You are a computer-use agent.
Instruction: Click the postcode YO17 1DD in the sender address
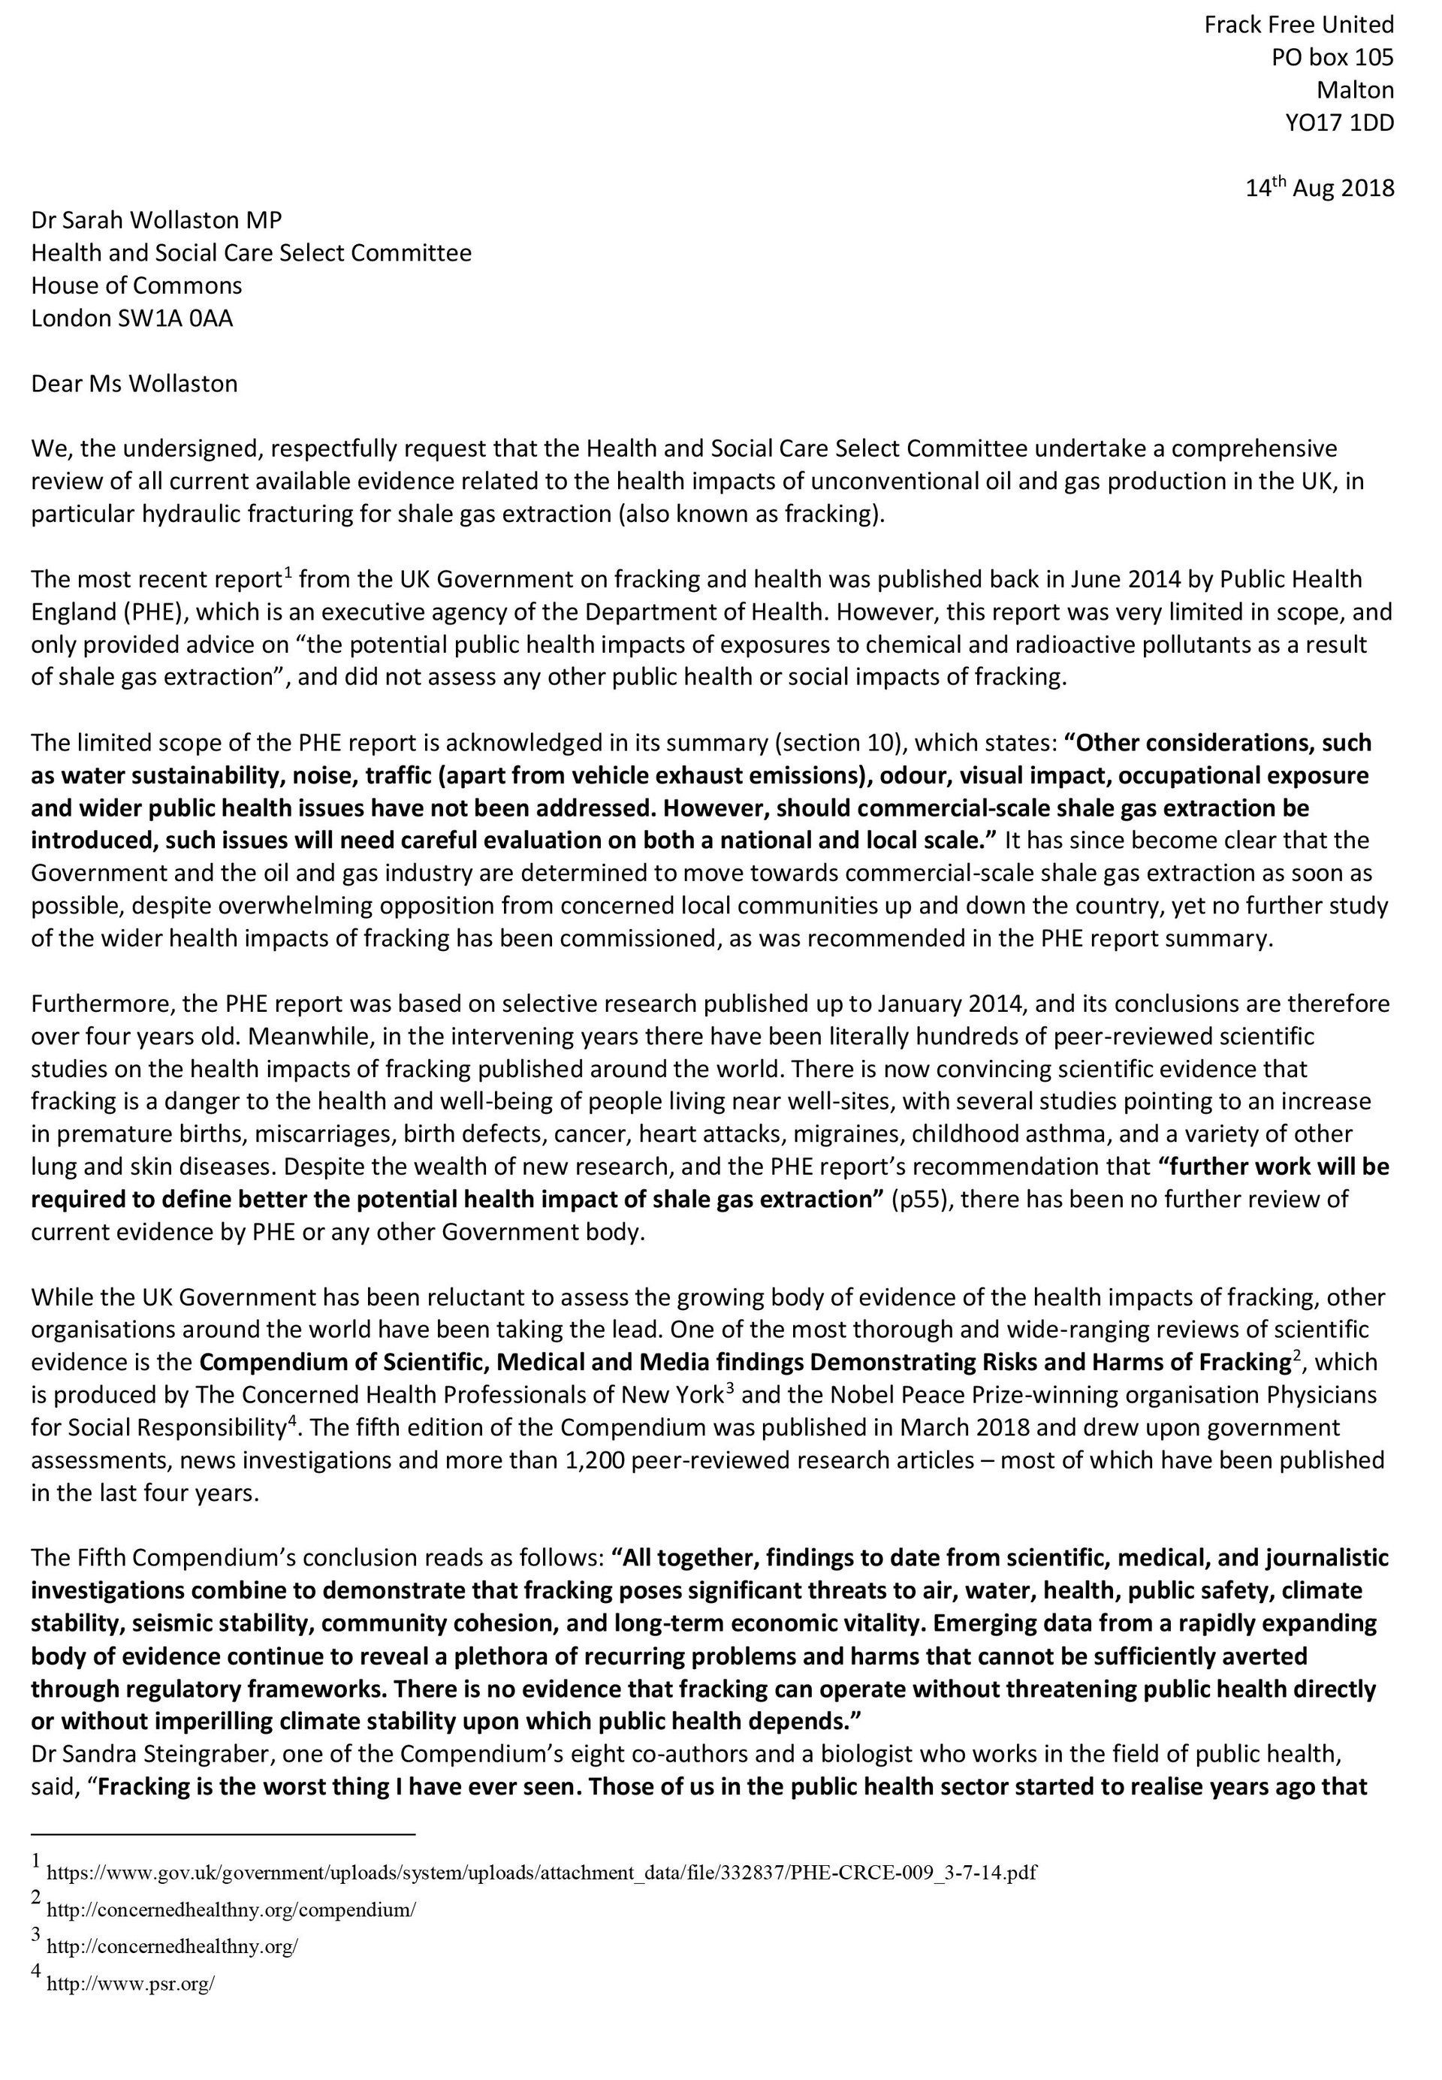point(1339,123)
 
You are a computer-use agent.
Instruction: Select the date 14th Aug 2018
point(1320,188)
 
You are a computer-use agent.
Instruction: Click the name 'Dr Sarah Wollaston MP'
point(156,219)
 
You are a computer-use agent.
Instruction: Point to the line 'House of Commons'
point(137,285)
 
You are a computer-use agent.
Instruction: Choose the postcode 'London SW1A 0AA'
point(132,318)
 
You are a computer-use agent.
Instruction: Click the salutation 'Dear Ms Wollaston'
point(134,384)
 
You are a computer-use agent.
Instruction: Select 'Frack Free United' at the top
point(1299,26)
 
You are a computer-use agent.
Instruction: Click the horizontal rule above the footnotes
point(222,1834)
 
